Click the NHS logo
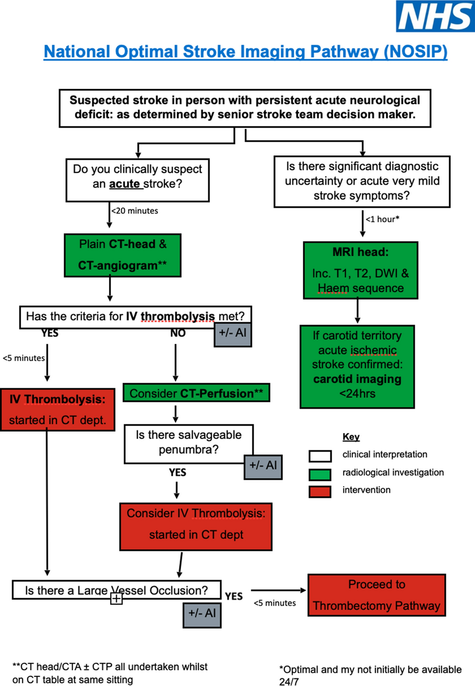click(435, 16)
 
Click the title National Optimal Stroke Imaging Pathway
click(245, 51)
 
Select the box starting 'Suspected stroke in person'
click(245, 108)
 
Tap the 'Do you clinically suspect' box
click(137, 180)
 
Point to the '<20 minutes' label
click(135, 211)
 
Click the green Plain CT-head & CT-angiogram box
click(122, 255)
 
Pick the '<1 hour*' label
click(382, 219)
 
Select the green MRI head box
click(360, 270)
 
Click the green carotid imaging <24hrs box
click(357, 367)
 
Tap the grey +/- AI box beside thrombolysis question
click(233, 335)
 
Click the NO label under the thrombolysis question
click(178, 333)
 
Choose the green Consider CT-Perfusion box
click(196, 393)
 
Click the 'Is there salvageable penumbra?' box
click(188, 443)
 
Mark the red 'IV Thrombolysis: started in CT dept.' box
click(57, 410)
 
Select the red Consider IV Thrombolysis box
click(196, 526)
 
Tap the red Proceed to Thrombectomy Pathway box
click(376, 595)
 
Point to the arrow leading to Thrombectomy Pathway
click(278, 590)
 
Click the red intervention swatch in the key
click(320, 491)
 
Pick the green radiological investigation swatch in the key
click(320, 474)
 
